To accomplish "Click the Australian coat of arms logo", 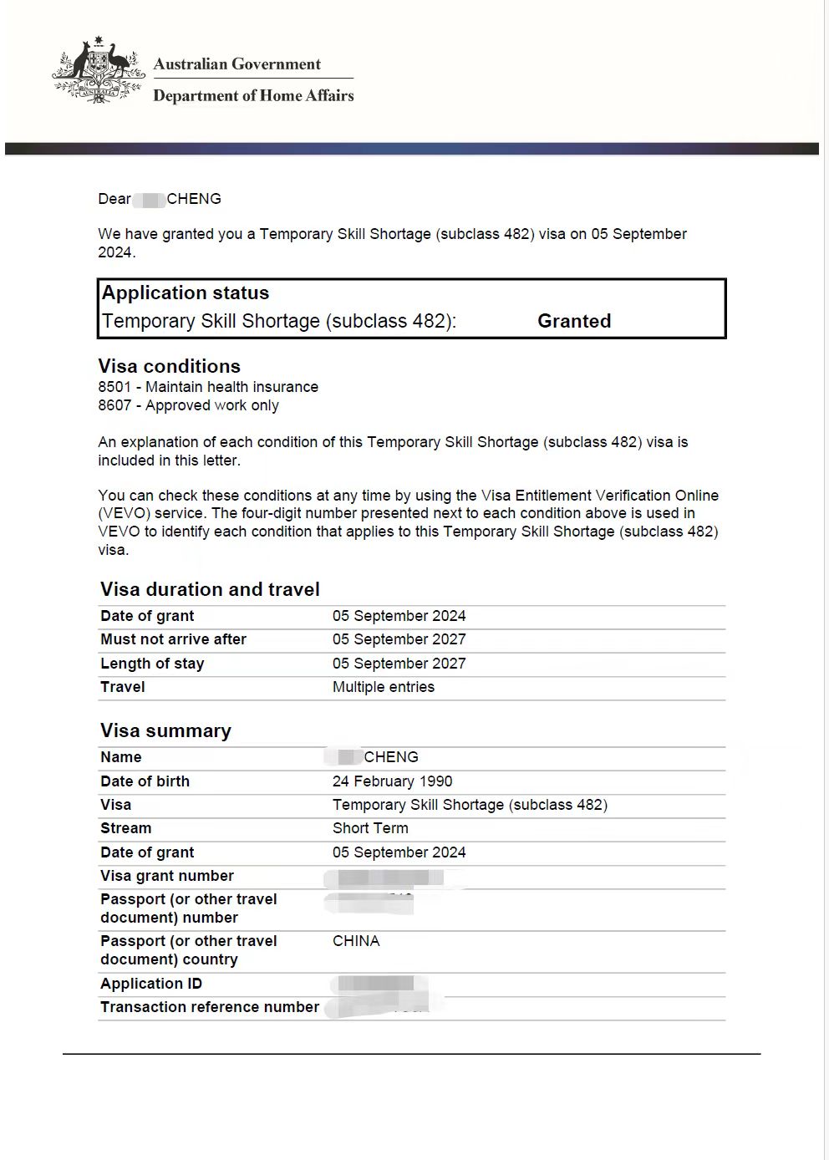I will click(98, 71).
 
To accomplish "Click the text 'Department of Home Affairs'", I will click(253, 96).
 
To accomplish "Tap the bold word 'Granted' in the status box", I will click(574, 321).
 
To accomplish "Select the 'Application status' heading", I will click(186, 293).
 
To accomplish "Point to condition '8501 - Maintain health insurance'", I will click(208, 387).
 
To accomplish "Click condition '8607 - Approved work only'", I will click(188, 405).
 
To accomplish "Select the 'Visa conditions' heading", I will click(169, 366).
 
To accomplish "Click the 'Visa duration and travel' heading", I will click(210, 589).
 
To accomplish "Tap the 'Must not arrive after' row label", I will click(173, 639).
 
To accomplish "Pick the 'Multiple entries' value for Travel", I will click(384, 687).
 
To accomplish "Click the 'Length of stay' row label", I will click(152, 664).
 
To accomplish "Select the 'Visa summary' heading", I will click(165, 730).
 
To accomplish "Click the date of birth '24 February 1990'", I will click(392, 781).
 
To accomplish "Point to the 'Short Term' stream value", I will click(370, 828).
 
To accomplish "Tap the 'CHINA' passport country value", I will click(356, 941).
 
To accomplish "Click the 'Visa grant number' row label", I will click(167, 876).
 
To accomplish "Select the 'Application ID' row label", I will click(151, 984).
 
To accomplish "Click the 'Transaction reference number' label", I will click(210, 1007).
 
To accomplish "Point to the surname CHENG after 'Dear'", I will click(194, 199).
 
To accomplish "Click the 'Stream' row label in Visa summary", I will click(126, 828).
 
